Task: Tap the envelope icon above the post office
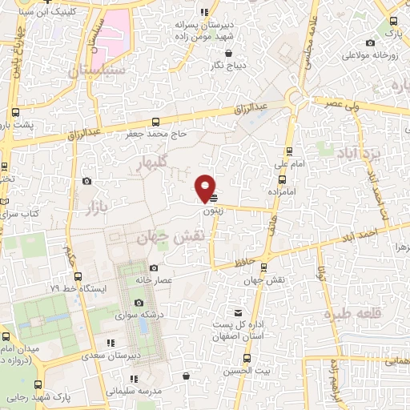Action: click(237, 313)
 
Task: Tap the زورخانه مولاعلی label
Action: click(371, 55)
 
